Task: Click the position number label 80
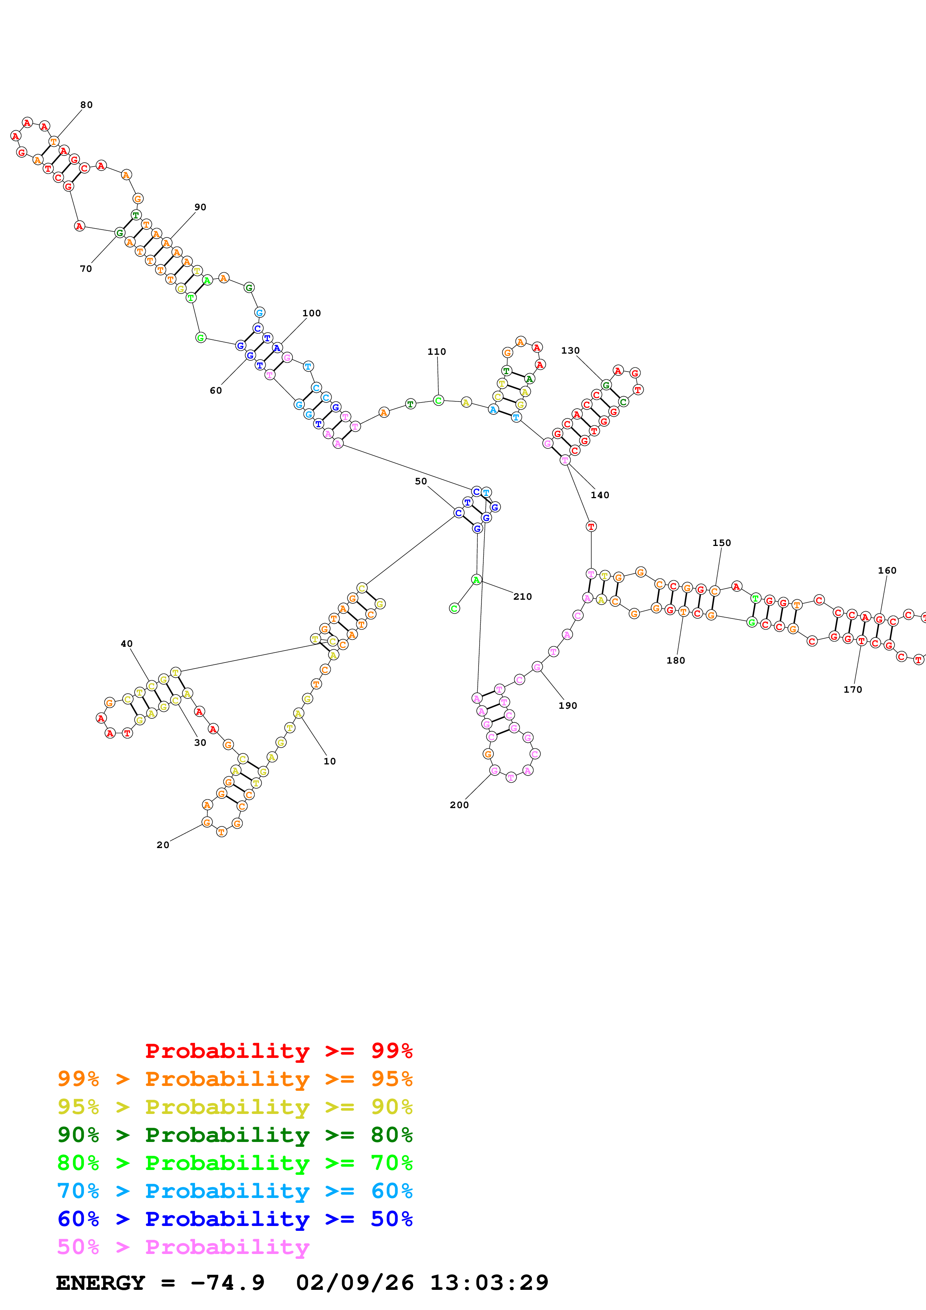pos(86,105)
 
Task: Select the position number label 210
pos(522,596)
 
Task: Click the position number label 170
pos(852,689)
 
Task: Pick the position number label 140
pos(600,495)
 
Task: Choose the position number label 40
pos(126,643)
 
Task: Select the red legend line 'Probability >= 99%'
pos(278,1050)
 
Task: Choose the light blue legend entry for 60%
pos(235,1191)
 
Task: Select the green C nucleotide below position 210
pos(454,608)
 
